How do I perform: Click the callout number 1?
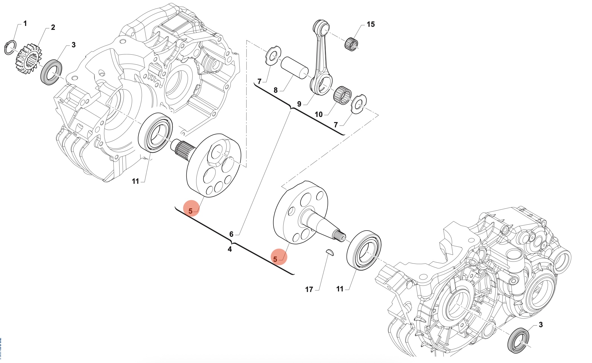25,23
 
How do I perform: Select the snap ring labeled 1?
10,47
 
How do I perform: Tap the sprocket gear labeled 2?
28,59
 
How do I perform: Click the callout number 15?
371,25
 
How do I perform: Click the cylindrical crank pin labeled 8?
294,68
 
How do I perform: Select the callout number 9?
299,104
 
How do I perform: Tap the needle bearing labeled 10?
342,95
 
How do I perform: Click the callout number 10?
319,114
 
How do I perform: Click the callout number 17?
309,289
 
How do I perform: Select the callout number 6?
231,234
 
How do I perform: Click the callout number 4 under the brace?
230,249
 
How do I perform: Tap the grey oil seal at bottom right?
518,340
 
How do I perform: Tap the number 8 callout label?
275,90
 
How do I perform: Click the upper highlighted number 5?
190,211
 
